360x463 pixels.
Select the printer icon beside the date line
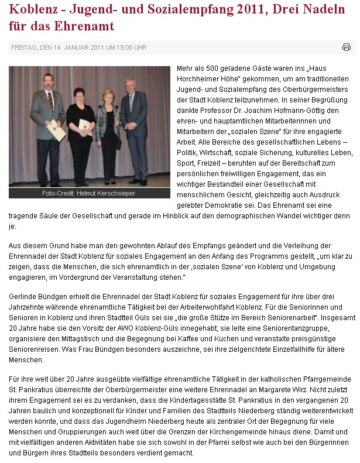[x=347, y=47]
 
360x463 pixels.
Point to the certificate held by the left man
[x=57, y=130]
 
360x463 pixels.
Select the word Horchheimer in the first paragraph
[x=202, y=79]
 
